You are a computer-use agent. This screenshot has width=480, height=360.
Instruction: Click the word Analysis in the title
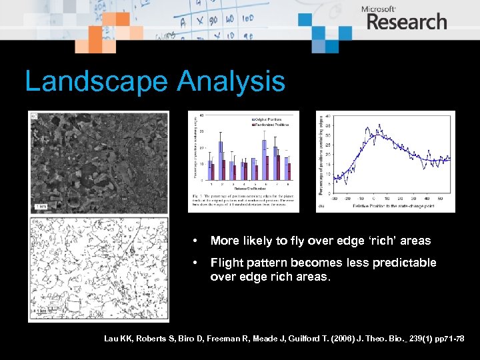click(x=231, y=82)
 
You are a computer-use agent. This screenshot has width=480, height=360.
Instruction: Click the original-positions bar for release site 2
click(x=220, y=161)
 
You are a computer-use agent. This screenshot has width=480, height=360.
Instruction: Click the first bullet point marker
click(x=193, y=241)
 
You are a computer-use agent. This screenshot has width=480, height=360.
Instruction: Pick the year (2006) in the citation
click(x=316, y=339)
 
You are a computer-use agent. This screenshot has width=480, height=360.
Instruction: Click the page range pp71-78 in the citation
click(x=450, y=339)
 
